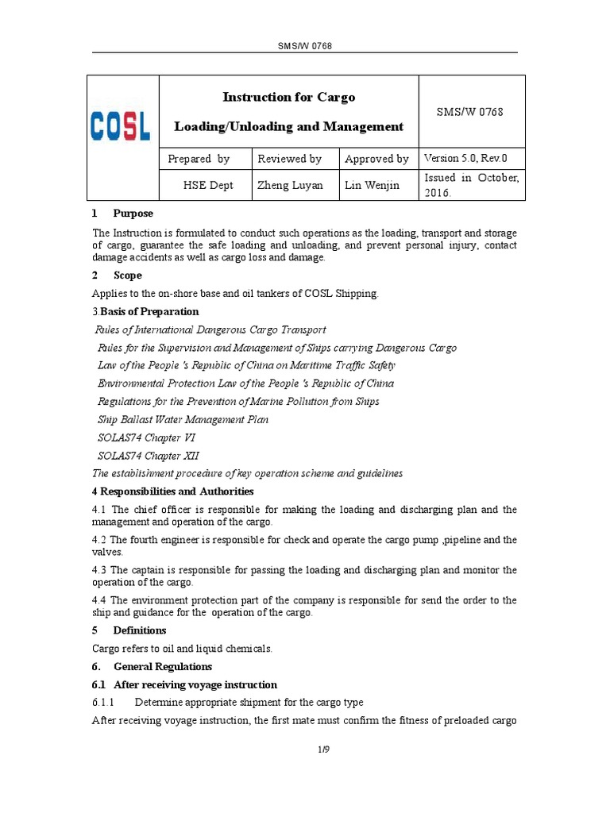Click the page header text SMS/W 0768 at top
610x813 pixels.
click(x=304, y=46)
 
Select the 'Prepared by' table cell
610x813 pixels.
click(x=199, y=159)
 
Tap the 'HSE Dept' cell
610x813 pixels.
click(x=206, y=185)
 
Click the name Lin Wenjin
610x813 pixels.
click(x=372, y=185)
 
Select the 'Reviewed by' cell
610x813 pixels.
click(x=290, y=159)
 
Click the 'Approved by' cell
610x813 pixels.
click(x=376, y=159)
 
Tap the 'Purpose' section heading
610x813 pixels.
click(x=133, y=214)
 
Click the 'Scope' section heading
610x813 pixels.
click(x=127, y=275)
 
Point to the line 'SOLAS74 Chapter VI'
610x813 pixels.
click(x=148, y=437)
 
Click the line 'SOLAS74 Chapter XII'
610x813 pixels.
click(x=149, y=456)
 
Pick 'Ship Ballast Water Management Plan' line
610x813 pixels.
click(x=183, y=419)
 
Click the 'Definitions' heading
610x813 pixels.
click(x=140, y=630)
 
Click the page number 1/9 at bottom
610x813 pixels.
click(x=304, y=750)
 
